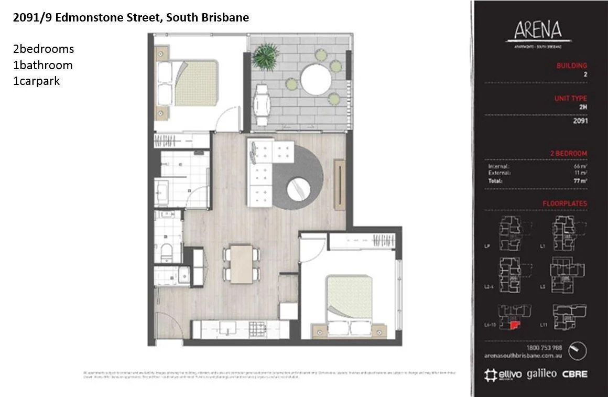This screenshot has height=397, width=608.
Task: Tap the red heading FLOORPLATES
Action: [564, 203]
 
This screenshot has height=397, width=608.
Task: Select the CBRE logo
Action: [574, 374]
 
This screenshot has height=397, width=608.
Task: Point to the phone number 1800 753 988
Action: [544, 347]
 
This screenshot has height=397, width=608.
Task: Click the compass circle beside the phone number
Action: [577, 351]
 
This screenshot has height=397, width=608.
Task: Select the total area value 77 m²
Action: [580, 181]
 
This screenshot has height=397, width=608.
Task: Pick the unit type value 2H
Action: [583, 107]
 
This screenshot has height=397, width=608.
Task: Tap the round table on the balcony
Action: [316, 79]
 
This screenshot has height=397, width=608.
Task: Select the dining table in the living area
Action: [242, 264]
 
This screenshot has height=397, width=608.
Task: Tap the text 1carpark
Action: [37, 81]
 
